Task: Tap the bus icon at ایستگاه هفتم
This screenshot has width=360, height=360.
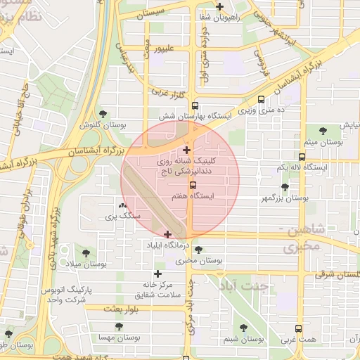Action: (x=193, y=185)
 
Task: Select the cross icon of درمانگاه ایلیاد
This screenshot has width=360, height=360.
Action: (x=167, y=234)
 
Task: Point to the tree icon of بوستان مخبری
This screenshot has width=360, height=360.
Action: (x=198, y=250)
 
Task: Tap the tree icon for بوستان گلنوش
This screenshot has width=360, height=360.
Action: (x=103, y=113)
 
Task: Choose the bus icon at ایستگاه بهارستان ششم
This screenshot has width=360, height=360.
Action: (x=262, y=100)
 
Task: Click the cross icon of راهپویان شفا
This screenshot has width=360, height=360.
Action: (x=220, y=7)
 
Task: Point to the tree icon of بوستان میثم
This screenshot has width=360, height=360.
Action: (x=323, y=131)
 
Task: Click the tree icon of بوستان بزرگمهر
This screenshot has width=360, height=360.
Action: (x=284, y=187)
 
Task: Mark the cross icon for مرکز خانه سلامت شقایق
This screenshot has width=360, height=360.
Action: (x=157, y=274)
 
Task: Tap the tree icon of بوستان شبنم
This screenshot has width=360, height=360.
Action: (x=243, y=328)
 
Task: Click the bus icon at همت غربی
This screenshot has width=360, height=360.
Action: (x=299, y=328)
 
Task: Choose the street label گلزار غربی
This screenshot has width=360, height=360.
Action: (x=167, y=92)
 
